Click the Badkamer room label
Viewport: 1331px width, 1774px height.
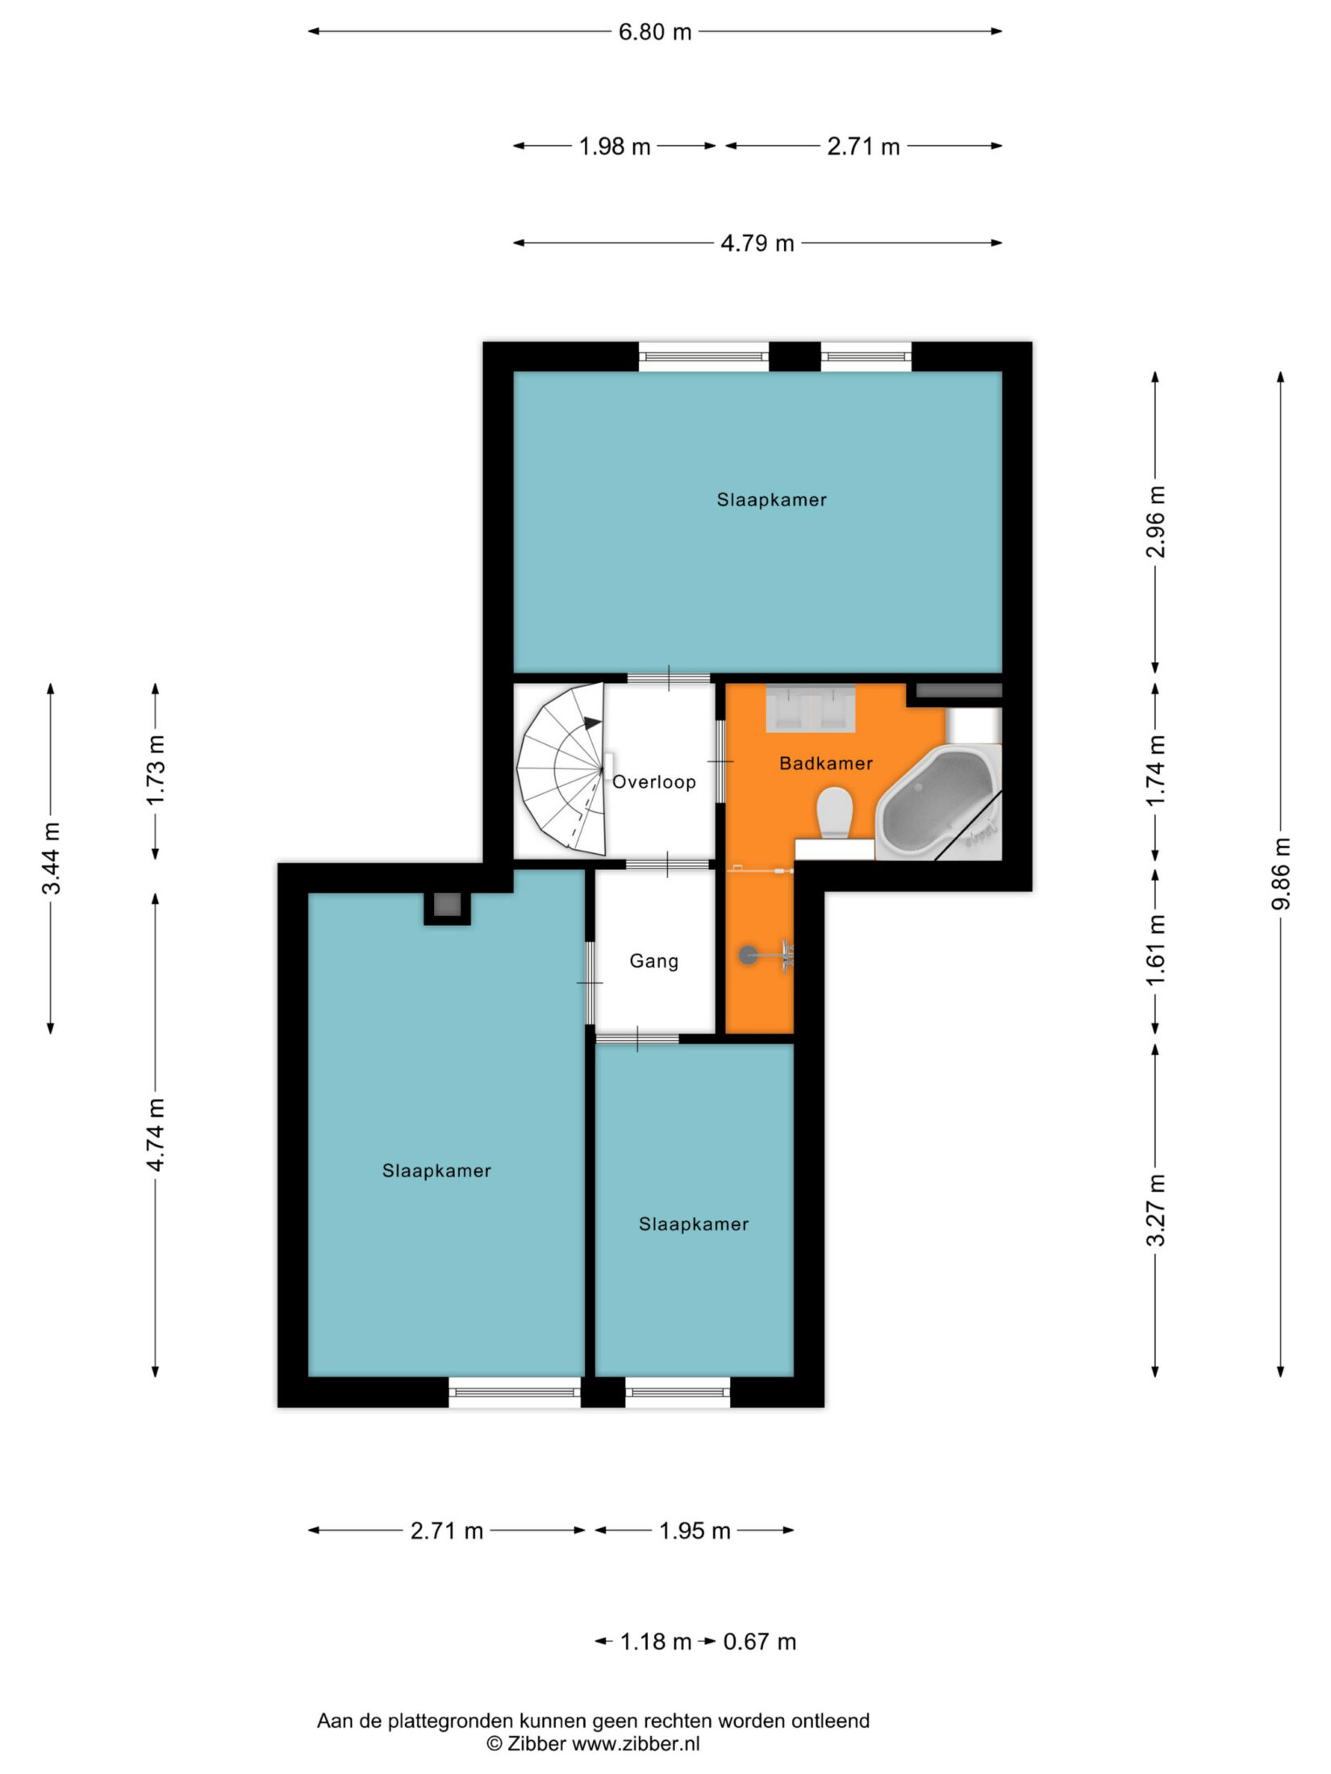point(825,763)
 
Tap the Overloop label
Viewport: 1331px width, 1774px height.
point(653,781)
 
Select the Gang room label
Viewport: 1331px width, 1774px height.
point(653,961)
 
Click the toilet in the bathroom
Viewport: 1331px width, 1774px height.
point(834,812)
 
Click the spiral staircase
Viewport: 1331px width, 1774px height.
point(561,770)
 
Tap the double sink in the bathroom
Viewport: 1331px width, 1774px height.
point(810,709)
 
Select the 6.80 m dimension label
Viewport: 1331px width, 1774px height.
point(654,32)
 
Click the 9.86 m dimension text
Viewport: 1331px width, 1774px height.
point(1280,873)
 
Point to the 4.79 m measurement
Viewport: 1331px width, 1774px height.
point(757,243)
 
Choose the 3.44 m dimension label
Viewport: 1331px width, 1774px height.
point(51,858)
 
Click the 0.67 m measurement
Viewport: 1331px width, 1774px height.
point(759,1642)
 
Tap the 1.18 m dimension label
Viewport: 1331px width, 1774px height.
point(655,1642)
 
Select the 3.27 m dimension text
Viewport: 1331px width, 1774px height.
point(1156,1210)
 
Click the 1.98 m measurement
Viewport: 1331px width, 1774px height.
point(615,147)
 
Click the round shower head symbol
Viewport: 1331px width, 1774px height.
point(749,956)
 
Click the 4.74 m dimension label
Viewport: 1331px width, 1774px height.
point(155,1134)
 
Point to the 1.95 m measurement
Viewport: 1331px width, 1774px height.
point(695,1530)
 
